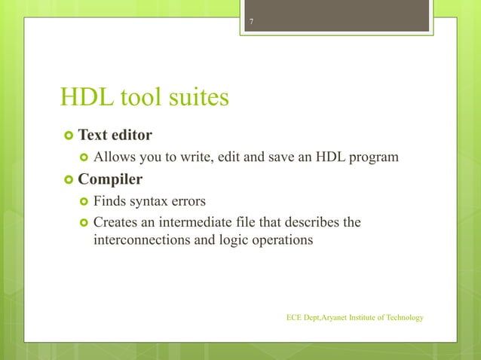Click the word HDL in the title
coord(85,97)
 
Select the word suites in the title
coord(198,97)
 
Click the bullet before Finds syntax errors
coord(82,202)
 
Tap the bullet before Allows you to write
coord(82,157)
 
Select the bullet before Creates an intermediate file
coord(82,223)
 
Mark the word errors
coord(191,201)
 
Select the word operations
coord(278,240)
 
